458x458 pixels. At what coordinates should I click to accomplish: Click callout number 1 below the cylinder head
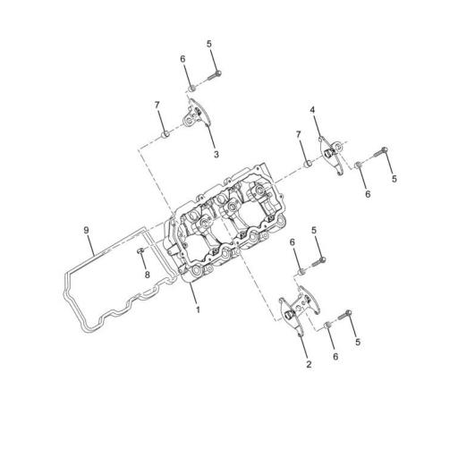[198, 310]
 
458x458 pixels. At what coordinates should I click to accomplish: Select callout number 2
[309, 364]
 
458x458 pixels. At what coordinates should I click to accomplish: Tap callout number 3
[216, 154]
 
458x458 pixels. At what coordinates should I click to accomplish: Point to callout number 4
[313, 109]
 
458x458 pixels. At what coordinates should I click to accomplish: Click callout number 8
[148, 275]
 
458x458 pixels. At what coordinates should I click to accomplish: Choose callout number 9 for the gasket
[87, 231]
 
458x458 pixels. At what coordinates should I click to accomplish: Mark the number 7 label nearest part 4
[299, 134]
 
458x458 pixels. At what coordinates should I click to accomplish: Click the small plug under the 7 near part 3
[165, 135]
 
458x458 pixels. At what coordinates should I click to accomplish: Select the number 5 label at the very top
[209, 44]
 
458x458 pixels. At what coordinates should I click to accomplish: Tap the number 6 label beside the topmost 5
[182, 59]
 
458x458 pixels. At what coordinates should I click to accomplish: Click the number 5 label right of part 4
[394, 179]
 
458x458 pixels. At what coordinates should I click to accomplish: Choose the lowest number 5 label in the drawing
[357, 341]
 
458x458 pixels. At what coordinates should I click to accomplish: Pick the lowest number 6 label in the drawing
[335, 355]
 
